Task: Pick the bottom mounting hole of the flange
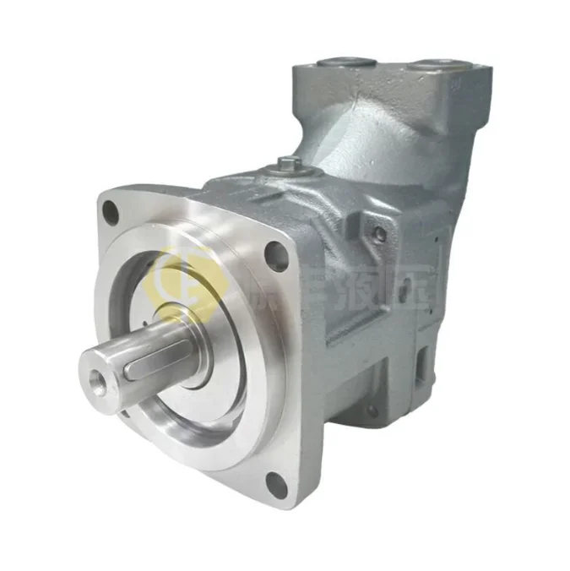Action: pyautogui.click(x=276, y=482)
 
